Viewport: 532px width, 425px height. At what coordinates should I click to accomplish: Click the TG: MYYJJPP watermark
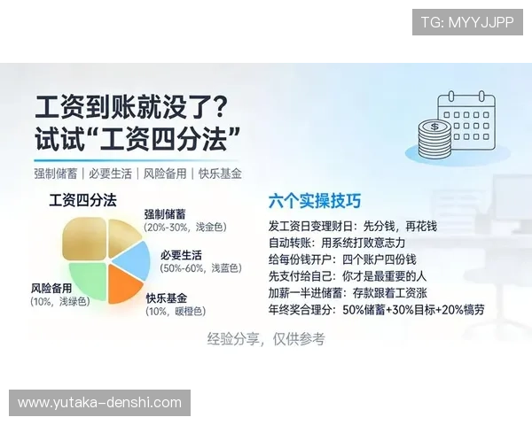(x=467, y=22)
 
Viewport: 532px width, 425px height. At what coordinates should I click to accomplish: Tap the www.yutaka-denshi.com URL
(x=99, y=403)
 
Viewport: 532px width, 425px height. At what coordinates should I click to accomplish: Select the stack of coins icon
(x=434, y=140)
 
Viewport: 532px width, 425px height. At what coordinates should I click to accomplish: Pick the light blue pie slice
(x=133, y=259)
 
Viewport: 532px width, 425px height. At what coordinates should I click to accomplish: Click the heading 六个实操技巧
(x=315, y=201)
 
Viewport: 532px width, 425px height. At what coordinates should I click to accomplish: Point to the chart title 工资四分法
(x=82, y=201)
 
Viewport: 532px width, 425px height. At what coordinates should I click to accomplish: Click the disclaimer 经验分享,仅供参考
(x=266, y=339)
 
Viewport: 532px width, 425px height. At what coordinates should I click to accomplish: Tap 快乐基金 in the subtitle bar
(x=220, y=174)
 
